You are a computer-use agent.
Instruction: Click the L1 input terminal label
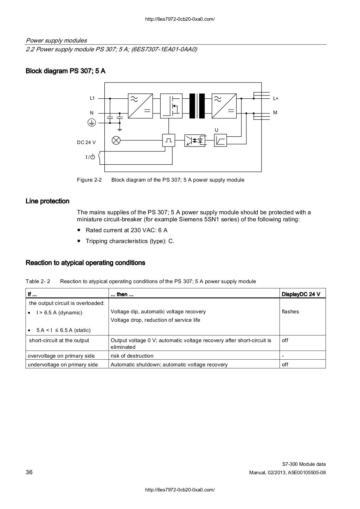tap(92, 98)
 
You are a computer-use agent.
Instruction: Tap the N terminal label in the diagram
tap(92, 113)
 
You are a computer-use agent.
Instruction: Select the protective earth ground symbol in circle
tap(91, 123)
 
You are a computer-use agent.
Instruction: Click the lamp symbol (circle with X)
tap(116, 141)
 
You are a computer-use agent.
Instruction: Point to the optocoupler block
tap(195, 141)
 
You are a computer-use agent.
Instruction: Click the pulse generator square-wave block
tap(169, 141)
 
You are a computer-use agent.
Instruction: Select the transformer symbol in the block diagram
tap(197, 106)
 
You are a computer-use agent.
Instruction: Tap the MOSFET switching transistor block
tap(171, 106)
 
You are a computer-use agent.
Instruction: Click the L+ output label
tap(276, 99)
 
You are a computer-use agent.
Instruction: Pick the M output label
tap(275, 113)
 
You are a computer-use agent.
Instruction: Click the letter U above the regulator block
tap(217, 130)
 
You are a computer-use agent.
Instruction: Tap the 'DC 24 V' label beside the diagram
tap(86, 142)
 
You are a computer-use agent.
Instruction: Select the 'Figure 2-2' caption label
tap(89, 180)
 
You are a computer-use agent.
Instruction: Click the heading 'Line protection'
tap(47, 201)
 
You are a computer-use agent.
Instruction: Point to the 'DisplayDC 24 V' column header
tap(301, 294)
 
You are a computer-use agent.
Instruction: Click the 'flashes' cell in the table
tap(290, 312)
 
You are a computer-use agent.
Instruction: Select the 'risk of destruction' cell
tap(132, 356)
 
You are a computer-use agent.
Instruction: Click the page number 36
tap(29, 472)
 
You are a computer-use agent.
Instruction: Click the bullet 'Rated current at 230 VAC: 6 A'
tap(127, 230)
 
